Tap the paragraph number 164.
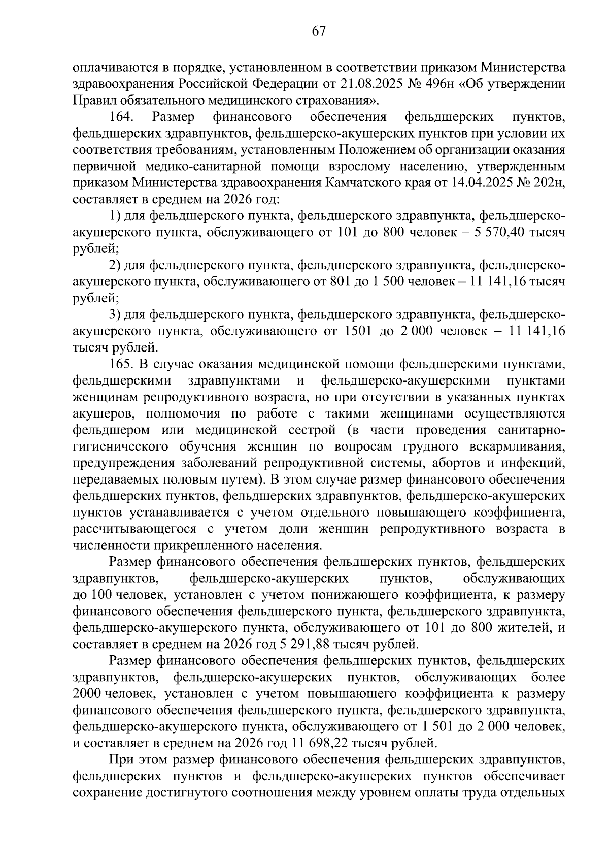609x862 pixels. click(x=121, y=117)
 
